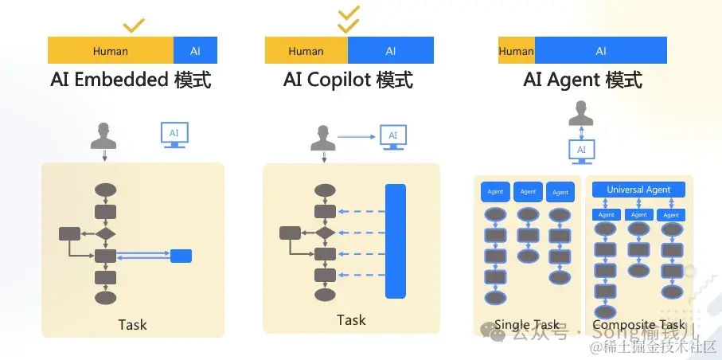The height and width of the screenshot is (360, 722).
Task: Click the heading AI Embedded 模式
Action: [131, 80]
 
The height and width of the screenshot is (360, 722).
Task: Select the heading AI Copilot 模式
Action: [348, 80]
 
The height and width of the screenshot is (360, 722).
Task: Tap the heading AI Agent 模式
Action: [583, 80]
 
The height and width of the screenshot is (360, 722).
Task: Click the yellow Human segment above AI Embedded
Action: [111, 51]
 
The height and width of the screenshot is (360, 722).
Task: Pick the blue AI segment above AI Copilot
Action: [390, 51]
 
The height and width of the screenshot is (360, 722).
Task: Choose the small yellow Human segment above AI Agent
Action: [516, 51]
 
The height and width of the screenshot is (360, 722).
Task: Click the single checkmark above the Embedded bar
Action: [134, 25]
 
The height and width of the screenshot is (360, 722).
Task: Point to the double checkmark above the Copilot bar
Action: [348, 19]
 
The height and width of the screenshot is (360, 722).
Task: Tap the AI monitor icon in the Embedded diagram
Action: [174, 135]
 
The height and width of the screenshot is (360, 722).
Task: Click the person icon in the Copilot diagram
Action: [321, 138]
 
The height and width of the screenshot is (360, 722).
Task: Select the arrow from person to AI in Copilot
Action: [356, 137]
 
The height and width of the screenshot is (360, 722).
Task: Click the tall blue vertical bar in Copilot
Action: [396, 241]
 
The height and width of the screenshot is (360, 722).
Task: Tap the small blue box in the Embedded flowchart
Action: [181, 256]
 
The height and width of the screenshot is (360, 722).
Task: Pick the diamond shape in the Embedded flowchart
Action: [106, 233]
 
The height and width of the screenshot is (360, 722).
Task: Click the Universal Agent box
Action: [638, 190]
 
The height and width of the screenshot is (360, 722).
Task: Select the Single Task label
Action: [526, 325]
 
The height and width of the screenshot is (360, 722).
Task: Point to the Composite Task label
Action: [638, 325]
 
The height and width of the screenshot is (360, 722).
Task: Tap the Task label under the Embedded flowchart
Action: [132, 324]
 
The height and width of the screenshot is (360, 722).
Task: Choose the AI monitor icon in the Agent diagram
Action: [581, 150]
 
